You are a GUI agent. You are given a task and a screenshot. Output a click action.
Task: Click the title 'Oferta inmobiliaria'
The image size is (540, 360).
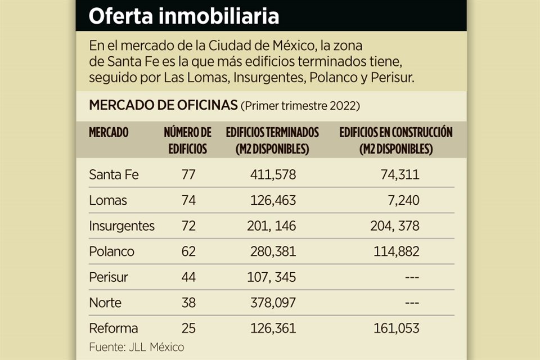point(184,16)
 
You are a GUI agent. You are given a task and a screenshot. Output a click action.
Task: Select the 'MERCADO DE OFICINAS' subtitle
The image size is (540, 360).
point(163,106)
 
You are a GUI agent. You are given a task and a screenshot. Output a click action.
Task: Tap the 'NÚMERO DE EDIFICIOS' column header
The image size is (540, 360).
point(188,141)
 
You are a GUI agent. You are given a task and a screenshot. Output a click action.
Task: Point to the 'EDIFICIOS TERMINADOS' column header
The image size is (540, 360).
point(272,141)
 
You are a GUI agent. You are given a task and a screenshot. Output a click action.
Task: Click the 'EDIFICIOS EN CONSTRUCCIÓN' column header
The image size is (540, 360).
point(396,141)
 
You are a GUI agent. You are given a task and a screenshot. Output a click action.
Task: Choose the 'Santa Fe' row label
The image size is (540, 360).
point(114,175)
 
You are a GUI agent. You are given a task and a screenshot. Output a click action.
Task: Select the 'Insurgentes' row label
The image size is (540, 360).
point(121,226)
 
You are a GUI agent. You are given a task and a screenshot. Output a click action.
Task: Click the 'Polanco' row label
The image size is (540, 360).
point(111,251)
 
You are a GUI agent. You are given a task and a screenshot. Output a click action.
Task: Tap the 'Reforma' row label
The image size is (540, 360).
point(113,328)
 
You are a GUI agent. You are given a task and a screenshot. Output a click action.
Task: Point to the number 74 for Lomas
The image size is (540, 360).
point(188,200)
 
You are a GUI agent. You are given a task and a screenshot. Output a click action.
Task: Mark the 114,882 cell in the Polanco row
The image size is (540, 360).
point(396,251)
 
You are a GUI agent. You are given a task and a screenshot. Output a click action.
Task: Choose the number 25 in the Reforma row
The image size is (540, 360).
point(188,328)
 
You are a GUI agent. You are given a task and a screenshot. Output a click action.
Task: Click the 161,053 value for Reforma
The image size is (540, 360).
point(396,328)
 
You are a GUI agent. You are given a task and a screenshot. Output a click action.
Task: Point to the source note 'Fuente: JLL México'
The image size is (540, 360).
point(136,347)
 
